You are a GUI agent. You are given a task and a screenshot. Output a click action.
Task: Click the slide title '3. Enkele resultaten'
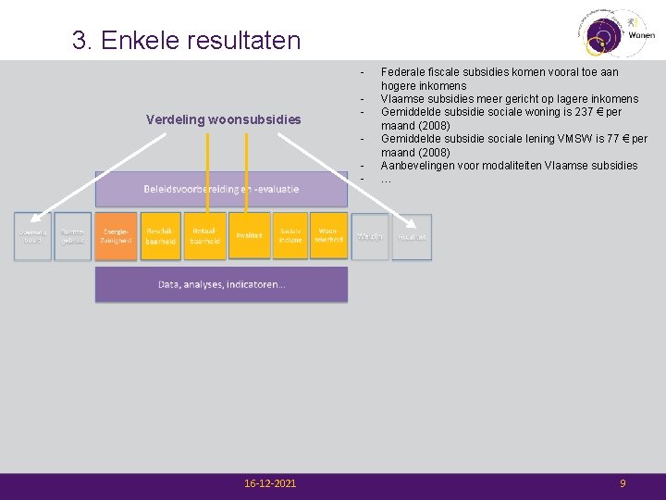(187, 41)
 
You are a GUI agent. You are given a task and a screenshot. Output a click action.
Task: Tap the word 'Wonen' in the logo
(641, 34)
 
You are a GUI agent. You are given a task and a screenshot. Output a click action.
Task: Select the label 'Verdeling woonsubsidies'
(224, 119)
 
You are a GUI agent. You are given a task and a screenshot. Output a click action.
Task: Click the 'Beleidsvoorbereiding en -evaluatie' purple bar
(221, 189)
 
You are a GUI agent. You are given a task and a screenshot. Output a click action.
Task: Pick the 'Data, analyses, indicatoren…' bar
(221, 284)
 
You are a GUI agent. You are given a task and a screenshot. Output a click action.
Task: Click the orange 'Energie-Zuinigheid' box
(117, 236)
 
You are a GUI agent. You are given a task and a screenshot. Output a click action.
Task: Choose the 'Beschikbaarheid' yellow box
(159, 236)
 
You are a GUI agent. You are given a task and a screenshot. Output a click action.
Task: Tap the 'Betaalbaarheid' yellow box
(204, 236)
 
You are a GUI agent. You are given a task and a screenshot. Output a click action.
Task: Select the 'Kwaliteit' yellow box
(249, 236)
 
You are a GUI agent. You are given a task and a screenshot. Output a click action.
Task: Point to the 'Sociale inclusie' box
(291, 236)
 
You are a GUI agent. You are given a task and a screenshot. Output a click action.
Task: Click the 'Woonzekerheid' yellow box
(328, 236)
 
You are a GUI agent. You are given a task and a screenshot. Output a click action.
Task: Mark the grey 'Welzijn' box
(370, 237)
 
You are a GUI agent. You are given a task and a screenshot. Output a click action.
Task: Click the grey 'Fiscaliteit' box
(412, 237)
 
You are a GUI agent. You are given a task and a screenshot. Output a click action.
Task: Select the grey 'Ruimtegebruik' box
(73, 236)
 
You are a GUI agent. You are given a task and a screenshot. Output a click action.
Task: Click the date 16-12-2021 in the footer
(270, 484)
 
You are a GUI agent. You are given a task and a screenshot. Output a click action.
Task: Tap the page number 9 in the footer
(623, 484)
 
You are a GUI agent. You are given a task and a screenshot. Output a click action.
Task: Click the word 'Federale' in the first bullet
(403, 71)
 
